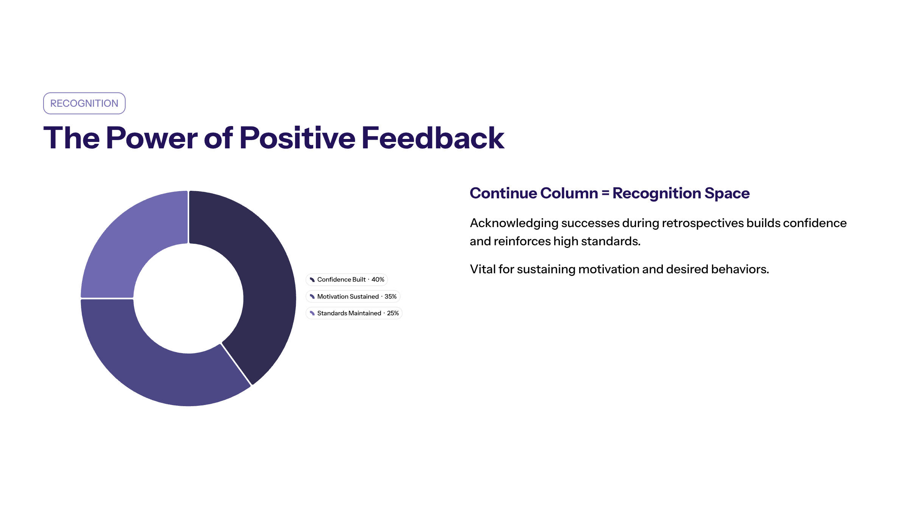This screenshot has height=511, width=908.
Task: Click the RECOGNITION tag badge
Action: [84, 103]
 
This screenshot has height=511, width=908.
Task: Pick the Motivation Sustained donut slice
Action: [151, 363]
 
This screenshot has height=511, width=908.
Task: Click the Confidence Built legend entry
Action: [347, 280]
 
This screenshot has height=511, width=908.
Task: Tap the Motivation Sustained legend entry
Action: [353, 296]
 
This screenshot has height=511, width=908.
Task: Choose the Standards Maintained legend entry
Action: [354, 313]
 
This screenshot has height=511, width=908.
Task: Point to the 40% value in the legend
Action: [378, 280]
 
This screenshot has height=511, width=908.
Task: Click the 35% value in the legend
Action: [391, 296]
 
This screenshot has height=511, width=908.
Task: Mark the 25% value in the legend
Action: [393, 313]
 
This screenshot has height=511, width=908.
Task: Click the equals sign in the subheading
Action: [605, 193]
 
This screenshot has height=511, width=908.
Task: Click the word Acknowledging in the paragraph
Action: [514, 223]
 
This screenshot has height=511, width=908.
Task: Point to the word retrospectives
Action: [703, 223]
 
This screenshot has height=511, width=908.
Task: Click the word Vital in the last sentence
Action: [482, 269]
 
